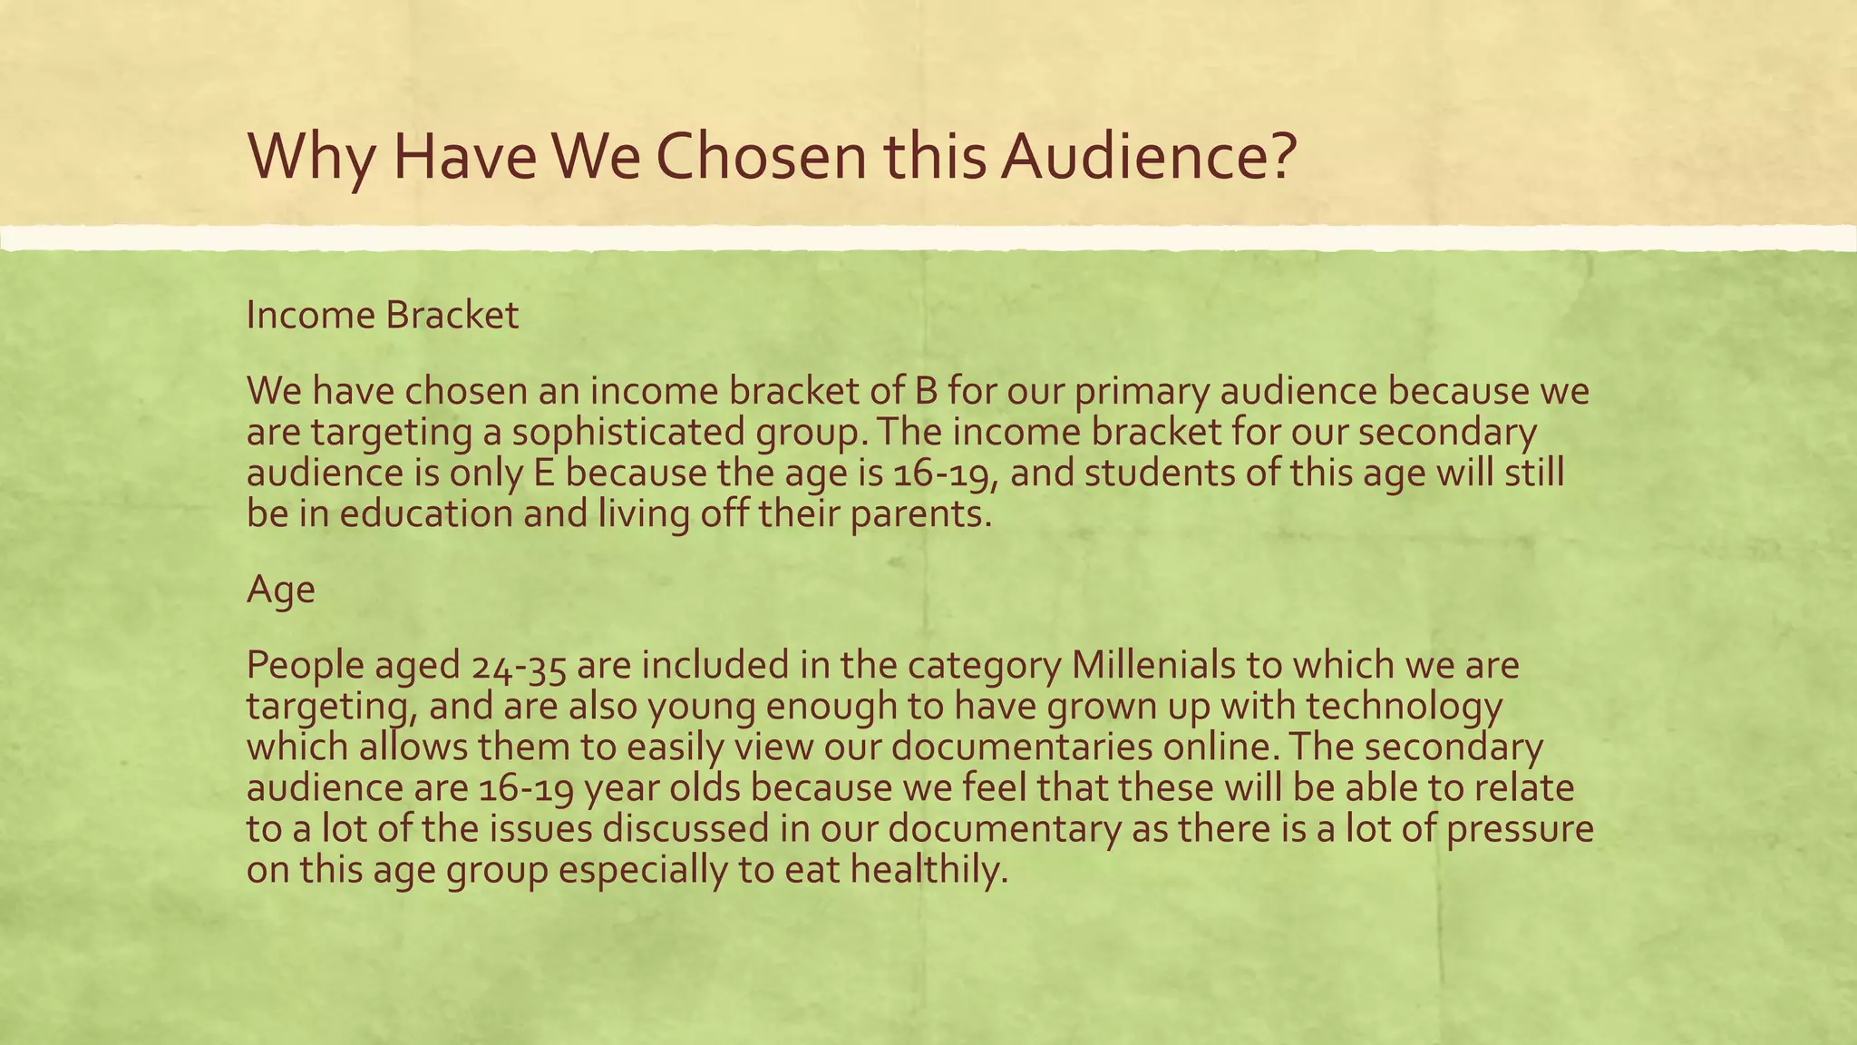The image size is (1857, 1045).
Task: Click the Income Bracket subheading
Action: point(383,316)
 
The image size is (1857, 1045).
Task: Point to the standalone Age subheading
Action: point(281,590)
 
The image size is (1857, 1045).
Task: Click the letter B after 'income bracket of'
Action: point(915,390)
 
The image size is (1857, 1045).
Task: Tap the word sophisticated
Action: point(629,432)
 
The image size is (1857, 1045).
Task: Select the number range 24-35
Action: point(520,666)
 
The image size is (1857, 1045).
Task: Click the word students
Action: point(1160,473)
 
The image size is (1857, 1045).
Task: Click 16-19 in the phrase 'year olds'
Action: point(525,788)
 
